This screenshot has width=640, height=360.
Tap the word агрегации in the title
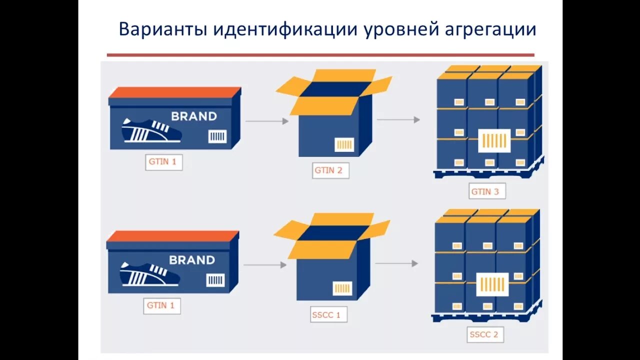pos(490,29)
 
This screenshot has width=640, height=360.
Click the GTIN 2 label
pos(328,170)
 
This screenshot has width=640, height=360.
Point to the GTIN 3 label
pos(485,191)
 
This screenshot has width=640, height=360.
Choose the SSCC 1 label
pos(326,315)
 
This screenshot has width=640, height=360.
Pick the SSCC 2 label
pos(483,334)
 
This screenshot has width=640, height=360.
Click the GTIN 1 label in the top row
pos(163,162)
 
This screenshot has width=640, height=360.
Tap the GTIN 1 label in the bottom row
pos(161,305)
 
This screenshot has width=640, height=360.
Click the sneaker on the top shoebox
pos(151,130)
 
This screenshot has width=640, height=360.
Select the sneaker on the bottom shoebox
pos(149,274)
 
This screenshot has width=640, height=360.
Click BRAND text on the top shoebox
pos(194,116)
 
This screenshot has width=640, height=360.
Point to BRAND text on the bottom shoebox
pos(192,260)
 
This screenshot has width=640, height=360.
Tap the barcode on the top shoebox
pos(217,136)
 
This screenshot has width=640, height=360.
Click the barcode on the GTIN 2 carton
pos(344,144)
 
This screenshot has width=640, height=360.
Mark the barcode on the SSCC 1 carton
pos(342,288)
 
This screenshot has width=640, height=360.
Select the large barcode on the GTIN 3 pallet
pos(494,140)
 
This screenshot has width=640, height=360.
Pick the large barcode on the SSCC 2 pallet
pos(492,284)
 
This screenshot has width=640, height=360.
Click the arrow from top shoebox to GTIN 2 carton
pos(267,121)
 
